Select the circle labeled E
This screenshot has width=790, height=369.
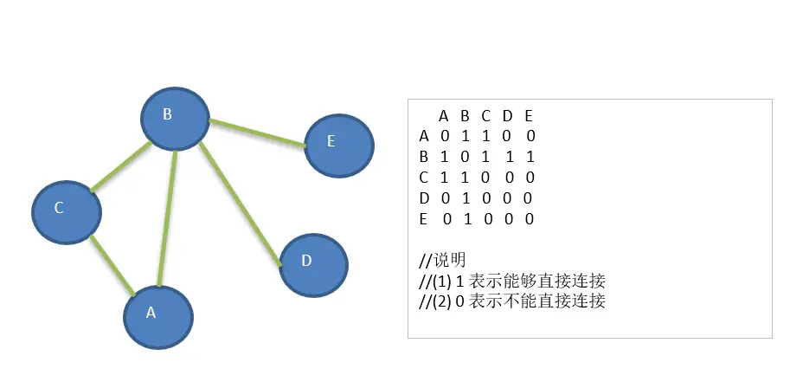339,146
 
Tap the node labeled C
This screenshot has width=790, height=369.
66,210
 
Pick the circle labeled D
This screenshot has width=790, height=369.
313,263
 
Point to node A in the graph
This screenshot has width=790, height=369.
157,316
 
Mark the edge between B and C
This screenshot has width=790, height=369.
120,168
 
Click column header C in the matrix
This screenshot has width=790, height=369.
486,115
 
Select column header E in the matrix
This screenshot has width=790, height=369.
529,115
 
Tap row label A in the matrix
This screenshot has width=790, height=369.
424,136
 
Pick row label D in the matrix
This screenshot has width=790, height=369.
424,198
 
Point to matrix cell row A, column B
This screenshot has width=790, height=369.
466,136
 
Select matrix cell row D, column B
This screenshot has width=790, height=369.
466,198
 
